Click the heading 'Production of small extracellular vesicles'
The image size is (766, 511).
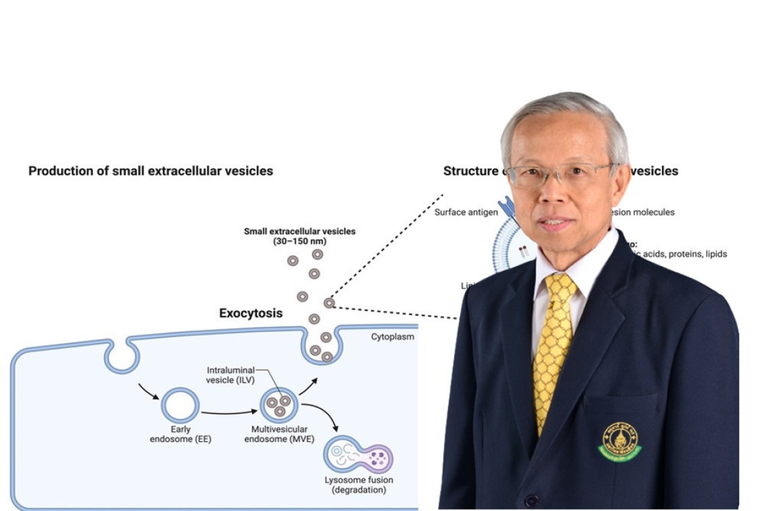(151, 171)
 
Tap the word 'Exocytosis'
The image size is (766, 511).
(251, 313)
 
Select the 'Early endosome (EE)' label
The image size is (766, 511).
(180, 434)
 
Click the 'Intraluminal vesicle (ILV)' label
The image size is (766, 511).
(230, 375)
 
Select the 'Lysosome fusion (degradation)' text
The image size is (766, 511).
(359, 485)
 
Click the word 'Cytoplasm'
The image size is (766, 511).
(392, 337)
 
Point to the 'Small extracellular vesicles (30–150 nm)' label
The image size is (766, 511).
(300, 236)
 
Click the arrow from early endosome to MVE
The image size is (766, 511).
(229, 411)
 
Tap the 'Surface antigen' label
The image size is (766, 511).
(466, 212)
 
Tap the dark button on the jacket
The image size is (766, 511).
(531, 501)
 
